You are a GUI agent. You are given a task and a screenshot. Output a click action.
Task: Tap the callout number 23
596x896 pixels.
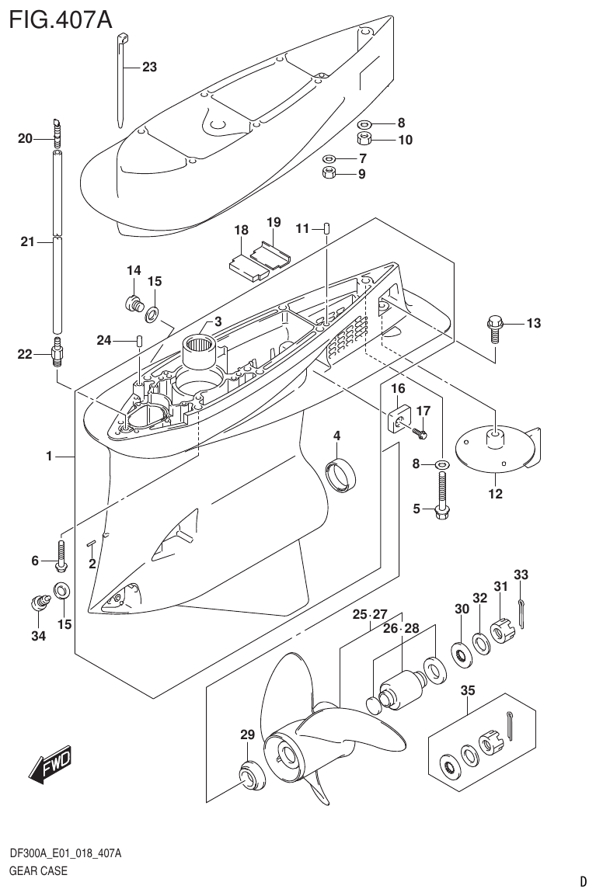tap(149, 68)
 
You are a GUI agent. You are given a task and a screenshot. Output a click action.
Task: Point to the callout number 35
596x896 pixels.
tap(468, 690)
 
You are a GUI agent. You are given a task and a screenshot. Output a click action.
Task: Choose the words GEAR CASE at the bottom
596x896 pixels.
tap(38, 870)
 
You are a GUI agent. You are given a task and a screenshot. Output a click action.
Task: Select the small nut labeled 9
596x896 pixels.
tap(329, 173)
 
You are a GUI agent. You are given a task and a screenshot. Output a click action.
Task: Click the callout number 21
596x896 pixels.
tap(27, 242)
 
